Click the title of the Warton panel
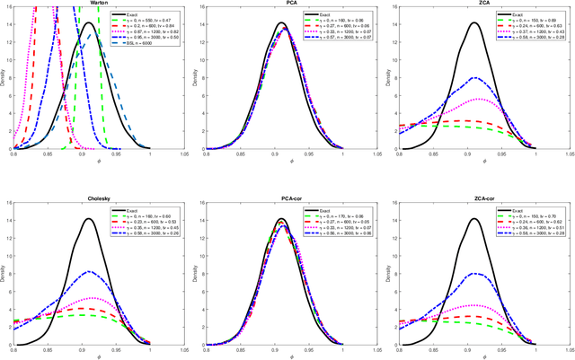tap(89, 4)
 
